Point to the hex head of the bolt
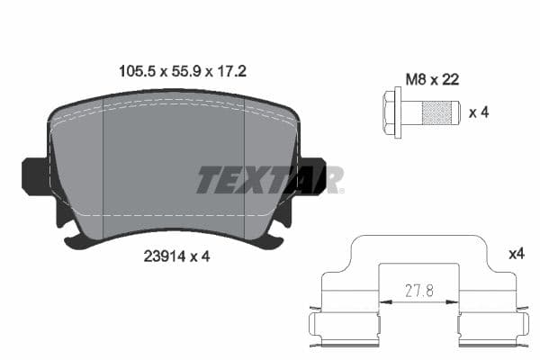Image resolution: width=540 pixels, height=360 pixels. [x=393, y=112]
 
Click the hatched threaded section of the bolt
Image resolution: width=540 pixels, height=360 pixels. [x=439, y=113]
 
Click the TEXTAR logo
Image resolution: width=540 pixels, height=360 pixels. [x=269, y=179]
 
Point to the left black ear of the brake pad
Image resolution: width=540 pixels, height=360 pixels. [x=34, y=175]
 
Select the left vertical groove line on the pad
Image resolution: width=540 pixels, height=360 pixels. [x=105, y=171]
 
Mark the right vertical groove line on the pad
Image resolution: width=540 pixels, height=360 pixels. [x=245, y=171]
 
